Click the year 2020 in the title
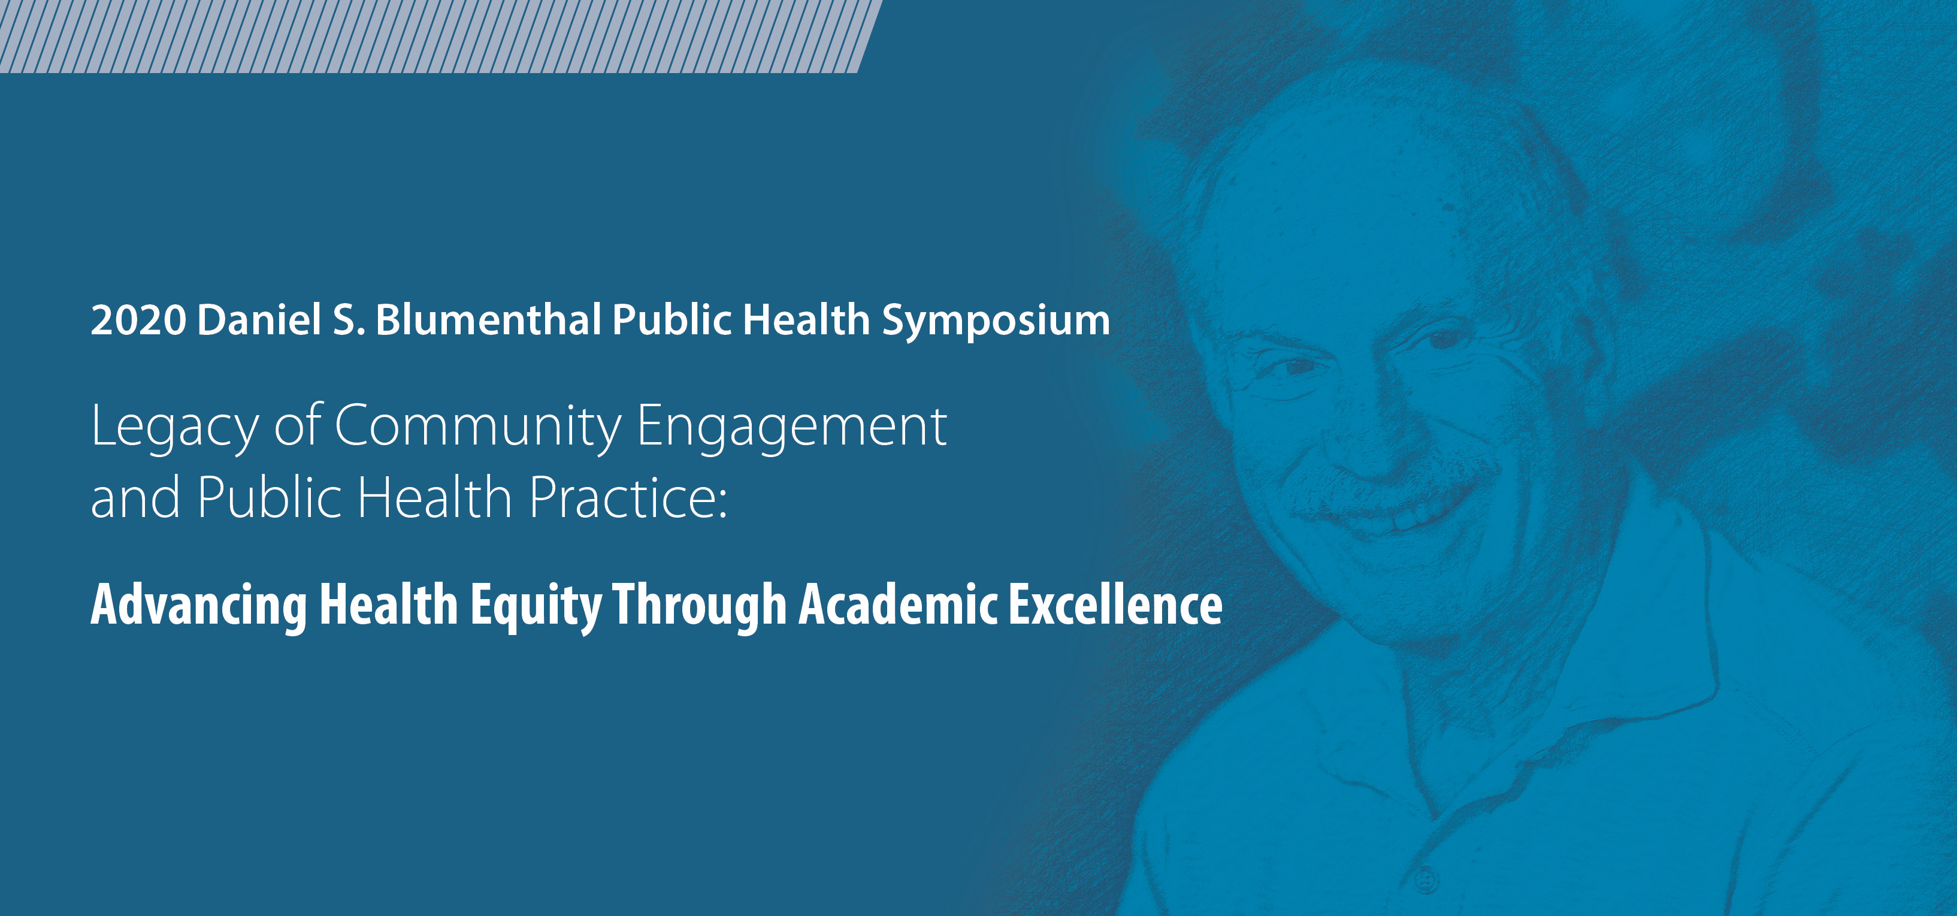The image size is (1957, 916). pos(138,320)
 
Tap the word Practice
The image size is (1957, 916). pos(628,497)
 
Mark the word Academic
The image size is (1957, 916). pos(898,604)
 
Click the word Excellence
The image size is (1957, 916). pos(1115,604)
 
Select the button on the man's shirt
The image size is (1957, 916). pos(1427,881)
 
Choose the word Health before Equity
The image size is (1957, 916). pos(389,604)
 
